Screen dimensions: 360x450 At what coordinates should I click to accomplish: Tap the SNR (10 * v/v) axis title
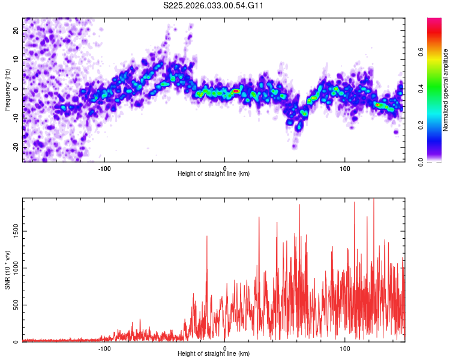coord(7,269)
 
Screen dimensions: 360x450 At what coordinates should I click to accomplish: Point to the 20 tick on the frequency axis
coord(16,30)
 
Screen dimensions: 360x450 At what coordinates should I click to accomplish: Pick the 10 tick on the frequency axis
coord(16,59)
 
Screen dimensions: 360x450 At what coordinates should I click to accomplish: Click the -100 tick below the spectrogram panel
coord(105,167)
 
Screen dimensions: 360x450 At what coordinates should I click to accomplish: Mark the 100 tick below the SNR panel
coord(345,348)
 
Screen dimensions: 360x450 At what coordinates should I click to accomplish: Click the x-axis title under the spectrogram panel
coord(214,174)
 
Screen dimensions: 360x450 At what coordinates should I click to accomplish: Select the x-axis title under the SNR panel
coord(214,354)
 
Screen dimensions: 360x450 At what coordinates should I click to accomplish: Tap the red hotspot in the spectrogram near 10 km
coord(236,91)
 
